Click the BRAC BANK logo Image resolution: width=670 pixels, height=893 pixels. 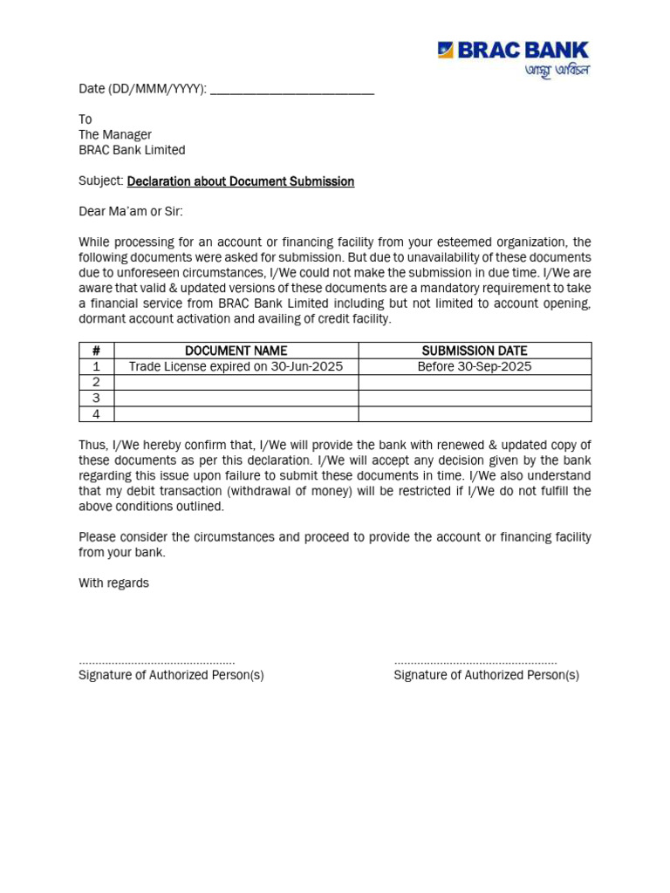pos(513,51)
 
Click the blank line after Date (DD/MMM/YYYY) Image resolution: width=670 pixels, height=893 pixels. pos(292,90)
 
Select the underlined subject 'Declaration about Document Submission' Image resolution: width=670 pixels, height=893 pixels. pos(241,181)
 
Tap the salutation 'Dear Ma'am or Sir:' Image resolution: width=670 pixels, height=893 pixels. pos(131,212)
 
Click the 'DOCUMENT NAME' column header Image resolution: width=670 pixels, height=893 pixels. pos(236,351)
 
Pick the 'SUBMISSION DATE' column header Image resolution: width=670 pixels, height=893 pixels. pos(475,351)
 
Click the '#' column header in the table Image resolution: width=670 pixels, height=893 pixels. pos(96,351)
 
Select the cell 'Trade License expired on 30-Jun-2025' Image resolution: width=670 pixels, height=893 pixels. pos(236,366)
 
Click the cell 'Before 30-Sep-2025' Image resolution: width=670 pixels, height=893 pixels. pos(475,366)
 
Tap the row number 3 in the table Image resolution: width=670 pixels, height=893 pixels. pos(96,399)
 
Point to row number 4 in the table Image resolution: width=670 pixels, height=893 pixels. pos(96,414)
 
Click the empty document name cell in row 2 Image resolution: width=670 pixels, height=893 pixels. pos(236,382)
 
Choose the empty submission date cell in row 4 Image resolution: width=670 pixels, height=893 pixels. pos(475,414)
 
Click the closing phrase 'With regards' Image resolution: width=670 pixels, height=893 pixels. pos(113,583)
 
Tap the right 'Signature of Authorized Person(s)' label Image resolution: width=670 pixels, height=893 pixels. pos(486,675)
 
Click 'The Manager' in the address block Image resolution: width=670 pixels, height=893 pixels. pos(115,134)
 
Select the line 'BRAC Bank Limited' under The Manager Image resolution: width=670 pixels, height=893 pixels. pos(132,150)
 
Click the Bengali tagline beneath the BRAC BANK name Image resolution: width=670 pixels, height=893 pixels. pos(557,70)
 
